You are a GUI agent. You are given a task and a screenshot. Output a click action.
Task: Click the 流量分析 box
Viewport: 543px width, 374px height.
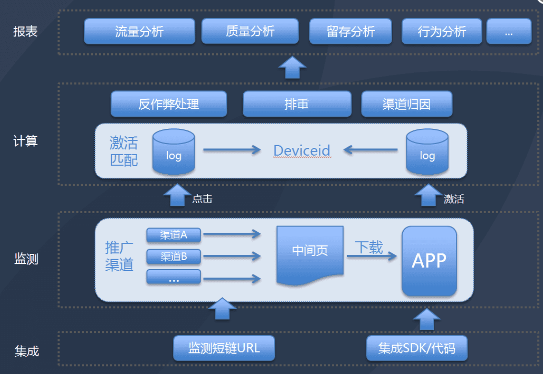[x=139, y=32]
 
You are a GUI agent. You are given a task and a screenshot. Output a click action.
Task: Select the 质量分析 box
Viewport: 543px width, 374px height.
[x=250, y=32]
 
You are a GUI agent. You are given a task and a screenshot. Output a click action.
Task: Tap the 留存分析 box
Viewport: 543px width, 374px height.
[x=351, y=32]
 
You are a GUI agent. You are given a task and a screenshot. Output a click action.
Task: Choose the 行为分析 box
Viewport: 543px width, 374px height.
[x=441, y=32]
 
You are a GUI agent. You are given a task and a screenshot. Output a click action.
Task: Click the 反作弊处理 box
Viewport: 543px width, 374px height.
[x=169, y=104]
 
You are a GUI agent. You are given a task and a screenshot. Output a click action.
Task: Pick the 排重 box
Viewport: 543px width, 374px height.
[x=297, y=104]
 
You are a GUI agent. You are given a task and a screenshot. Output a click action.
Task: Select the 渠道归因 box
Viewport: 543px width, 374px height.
[x=407, y=104]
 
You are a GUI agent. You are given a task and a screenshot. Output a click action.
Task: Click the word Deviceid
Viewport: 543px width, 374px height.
[x=302, y=150]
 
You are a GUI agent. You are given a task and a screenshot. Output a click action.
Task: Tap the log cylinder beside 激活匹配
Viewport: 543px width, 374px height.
[x=173, y=152]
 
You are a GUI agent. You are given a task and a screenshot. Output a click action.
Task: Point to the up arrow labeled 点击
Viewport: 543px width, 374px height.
[x=177, y=195]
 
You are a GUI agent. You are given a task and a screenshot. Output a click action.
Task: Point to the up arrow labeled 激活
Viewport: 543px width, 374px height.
[x=428, y=195]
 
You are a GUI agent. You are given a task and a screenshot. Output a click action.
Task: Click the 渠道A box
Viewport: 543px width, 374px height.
[x=173, y=235]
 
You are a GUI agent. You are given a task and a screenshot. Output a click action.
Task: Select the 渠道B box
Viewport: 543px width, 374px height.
[x=173, y=256]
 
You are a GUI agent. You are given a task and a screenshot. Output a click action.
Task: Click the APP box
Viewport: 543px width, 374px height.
[x=429, y=261]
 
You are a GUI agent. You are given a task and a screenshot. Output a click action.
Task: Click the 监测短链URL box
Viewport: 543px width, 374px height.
[x=224, y=348]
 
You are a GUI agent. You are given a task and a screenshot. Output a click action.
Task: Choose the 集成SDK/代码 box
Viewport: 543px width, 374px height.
[x=417, y=348]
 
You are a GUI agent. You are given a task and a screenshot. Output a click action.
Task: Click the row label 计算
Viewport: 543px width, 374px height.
[x=25, y=141]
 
